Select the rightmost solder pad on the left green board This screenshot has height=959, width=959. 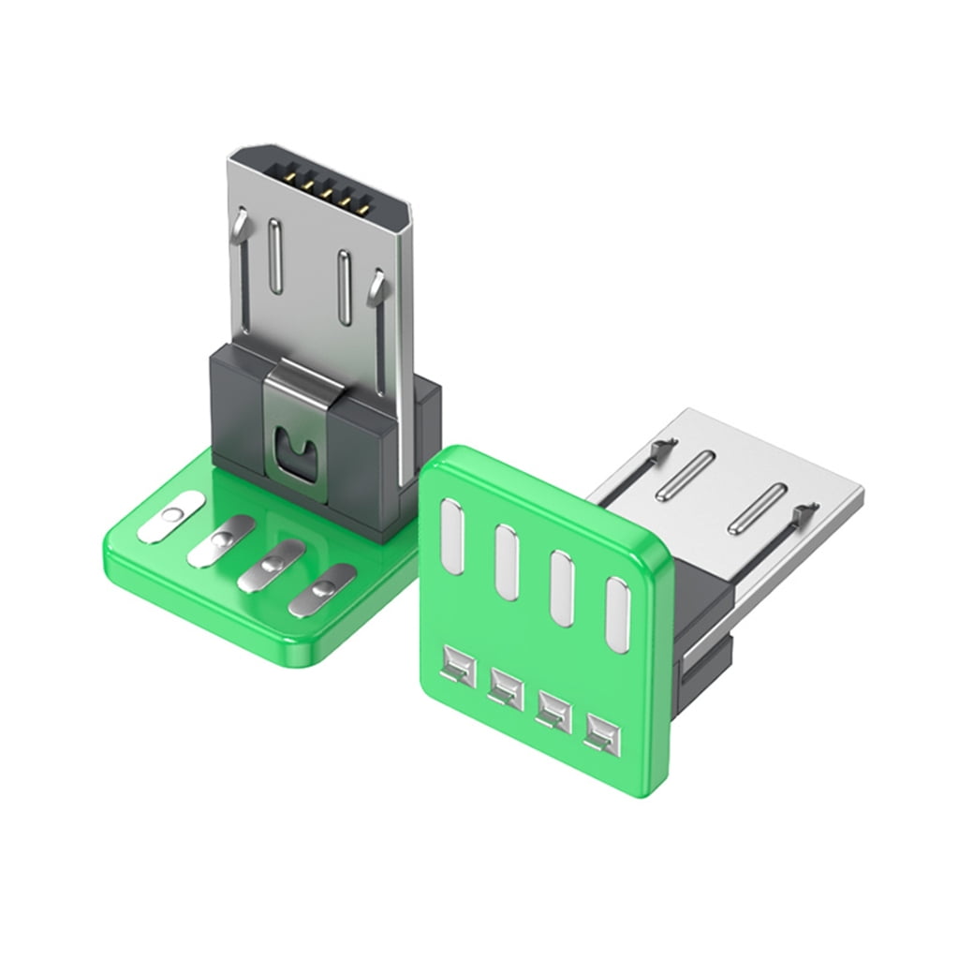click(x=322, y=589)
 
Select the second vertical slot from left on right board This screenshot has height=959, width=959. click(x=507, y=560)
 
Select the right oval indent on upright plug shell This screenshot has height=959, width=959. click(x=345, y=283)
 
